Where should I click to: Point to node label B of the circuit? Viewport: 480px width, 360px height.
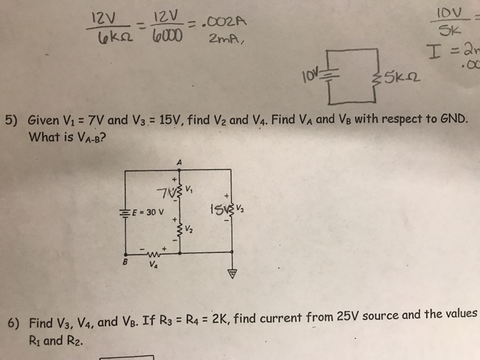(x=125, y=261)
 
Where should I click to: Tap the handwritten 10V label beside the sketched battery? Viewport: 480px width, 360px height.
(x=304, y=71)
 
